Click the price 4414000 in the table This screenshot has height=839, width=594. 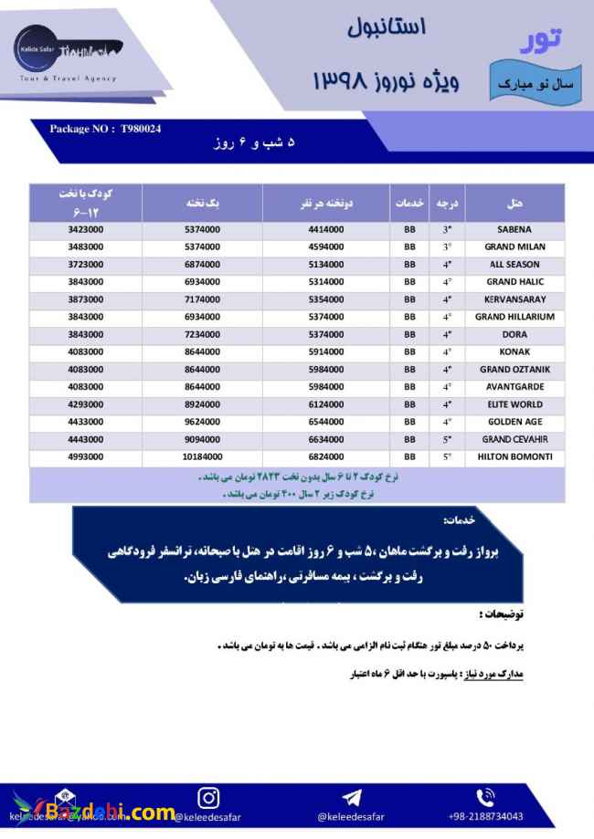[x=326, y=229]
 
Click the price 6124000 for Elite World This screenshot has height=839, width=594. [x=326, y=404]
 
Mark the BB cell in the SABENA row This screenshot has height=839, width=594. [x=409, y=229]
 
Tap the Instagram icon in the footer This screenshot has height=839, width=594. [x=208, y=796]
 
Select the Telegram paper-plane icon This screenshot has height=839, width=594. [x=351, y=797]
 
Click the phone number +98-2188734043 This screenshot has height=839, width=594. [x=485, y=816]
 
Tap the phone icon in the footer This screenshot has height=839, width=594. [x=485, y=796]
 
